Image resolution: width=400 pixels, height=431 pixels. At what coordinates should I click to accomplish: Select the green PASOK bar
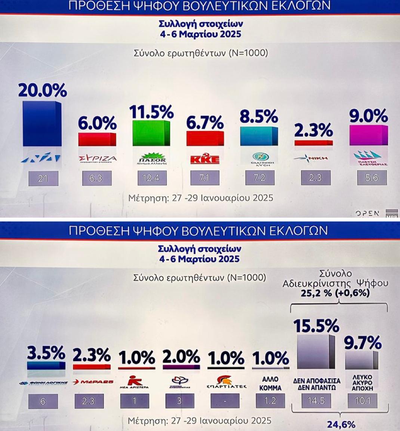tap(151, 133)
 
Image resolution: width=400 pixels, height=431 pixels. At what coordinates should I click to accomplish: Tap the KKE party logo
tap(204, 158)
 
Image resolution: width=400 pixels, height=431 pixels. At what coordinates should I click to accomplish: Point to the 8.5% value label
tap(259, 117)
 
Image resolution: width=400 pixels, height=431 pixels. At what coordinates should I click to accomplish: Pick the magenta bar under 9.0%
tap(368, 135)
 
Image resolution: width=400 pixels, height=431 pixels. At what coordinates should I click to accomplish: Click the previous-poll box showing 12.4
tap(151, 178)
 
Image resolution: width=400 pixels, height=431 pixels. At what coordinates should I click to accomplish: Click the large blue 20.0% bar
tap(42, 124)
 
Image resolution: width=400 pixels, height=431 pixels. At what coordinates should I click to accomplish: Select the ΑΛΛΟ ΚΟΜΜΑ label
tap(270, 384)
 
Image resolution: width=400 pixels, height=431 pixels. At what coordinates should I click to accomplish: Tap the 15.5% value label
tap(316, 326)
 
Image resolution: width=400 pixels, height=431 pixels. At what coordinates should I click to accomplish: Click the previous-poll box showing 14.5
tap(316, 401)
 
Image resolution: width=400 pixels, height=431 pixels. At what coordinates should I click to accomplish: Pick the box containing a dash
tap(225, 401)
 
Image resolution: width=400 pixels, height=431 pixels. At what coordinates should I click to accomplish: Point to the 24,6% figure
tap(341, 425)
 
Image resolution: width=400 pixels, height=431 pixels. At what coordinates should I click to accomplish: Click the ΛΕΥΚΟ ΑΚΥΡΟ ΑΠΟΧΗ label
tap(362, 384)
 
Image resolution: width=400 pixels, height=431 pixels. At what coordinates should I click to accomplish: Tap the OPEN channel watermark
tap(367, 213)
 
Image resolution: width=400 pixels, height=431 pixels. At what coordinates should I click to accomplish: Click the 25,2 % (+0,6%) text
tap(335, 293)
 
